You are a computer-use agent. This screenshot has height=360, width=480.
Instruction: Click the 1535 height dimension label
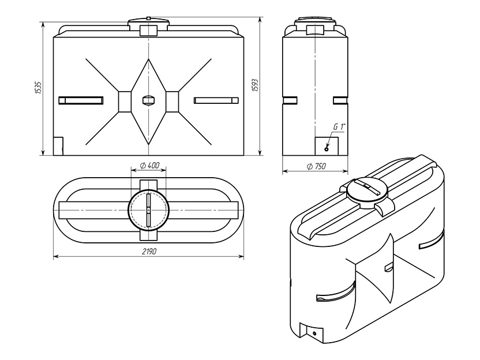point(38,88)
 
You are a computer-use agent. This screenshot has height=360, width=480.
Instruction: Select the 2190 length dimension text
point(149,252)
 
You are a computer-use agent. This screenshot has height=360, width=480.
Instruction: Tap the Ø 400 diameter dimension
point(149,166)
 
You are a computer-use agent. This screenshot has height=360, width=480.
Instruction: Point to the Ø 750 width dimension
point(316,166)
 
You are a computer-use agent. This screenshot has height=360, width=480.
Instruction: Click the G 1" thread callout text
point(339,127)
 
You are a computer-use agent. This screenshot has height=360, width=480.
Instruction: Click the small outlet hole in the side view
point(327,149)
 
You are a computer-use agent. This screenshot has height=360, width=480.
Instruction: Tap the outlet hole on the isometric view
point(314,333)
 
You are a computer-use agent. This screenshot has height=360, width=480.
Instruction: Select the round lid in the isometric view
point(367,192)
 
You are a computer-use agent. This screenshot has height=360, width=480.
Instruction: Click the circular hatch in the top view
point(148,210)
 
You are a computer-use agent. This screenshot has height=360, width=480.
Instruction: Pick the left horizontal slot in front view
point(81,100)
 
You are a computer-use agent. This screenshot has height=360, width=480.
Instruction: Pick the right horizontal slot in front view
point(216,100)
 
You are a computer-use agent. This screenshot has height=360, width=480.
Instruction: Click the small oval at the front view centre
point(148,100)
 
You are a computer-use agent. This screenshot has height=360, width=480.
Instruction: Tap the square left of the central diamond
point(125,102)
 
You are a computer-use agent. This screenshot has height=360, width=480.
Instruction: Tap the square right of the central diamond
point(172,102)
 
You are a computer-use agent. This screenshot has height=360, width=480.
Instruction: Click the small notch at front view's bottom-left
point(58,147)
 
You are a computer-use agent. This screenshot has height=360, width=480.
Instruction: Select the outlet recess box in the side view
point(327,146)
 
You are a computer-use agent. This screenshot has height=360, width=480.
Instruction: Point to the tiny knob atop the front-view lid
point(148,18)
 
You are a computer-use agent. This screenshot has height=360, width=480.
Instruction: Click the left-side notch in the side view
point(290,100)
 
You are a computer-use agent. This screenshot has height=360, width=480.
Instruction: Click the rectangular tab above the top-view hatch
point(148,186)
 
